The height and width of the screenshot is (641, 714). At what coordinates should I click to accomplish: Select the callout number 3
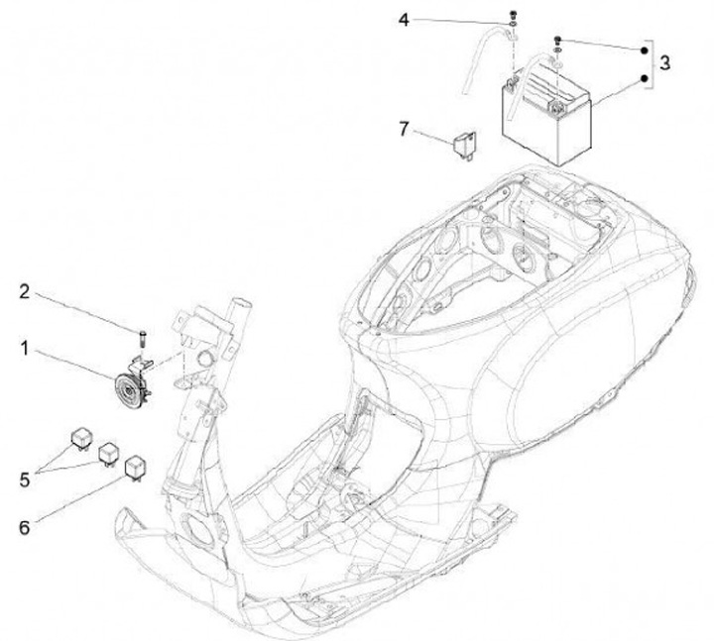pos(665,62)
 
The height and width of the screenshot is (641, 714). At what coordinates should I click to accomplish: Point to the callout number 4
pos(404,20)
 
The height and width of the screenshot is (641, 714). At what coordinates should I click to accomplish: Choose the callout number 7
pos(404,129)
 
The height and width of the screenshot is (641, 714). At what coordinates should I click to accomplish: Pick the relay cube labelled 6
pos(133,463)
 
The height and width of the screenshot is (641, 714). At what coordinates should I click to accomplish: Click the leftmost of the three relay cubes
pos(77,435)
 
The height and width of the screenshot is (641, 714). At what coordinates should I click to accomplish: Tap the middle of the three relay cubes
pos(105,451)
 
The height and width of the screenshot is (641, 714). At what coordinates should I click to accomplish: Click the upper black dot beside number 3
pos(643,48)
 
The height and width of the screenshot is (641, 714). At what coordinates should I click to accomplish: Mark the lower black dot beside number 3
pos(643,78)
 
